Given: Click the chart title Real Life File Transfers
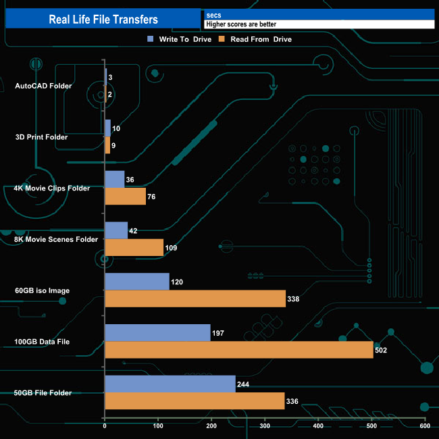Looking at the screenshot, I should [x=103, y=20].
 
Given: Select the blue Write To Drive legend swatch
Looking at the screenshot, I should [x=151, y=39].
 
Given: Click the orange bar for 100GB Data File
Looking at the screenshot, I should [x=238, y=349].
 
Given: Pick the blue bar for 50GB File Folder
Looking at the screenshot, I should [x=170, y=384].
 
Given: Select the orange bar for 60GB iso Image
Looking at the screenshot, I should [x=195, y=299].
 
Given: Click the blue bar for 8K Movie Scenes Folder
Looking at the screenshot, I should [x=116, y=230].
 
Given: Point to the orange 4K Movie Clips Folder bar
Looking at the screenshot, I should [x=125, y=197].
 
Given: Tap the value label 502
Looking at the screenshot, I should [x=381, y=350].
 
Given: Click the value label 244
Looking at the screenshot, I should [x=243, y=384].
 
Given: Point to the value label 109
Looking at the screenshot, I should [x=172, y=248].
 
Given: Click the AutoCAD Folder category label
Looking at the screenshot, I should [x=43, y=86].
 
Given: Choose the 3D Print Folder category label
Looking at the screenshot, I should [x=41, y=137].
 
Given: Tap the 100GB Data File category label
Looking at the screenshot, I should [x=43, y=342].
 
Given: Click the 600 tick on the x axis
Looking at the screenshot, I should [x=425, y=425].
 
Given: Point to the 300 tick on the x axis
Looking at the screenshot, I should [x=265, y=425].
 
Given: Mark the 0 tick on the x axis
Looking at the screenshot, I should [x=105, y=425].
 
